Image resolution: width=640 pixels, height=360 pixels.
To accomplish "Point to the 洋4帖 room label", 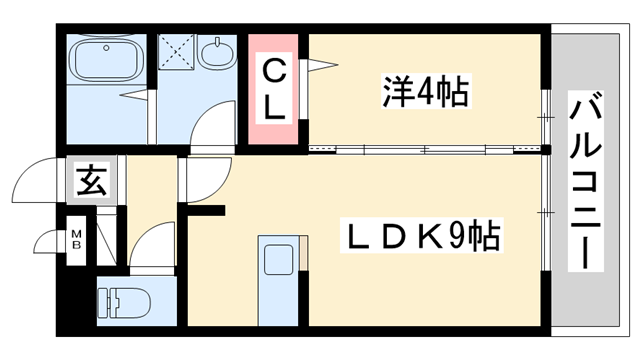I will tap(426, 92).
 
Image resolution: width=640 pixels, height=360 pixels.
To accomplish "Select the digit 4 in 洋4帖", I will tap(426, 92).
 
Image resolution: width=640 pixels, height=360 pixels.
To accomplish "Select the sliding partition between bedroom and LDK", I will tap(425, 149).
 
